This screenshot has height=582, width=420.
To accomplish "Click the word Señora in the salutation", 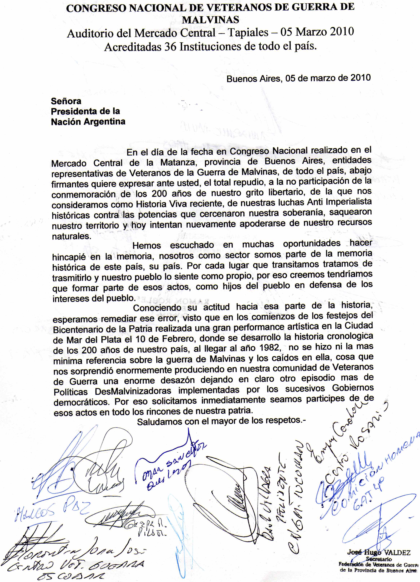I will [x=66, y=101].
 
